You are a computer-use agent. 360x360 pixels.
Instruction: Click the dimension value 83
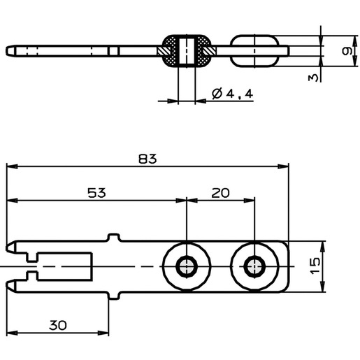coord(147,159)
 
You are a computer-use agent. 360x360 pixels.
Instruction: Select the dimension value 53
coord(96,193)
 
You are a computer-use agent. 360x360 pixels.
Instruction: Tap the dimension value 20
coord(220,193)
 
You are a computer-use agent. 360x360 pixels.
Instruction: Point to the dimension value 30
coord(58,325)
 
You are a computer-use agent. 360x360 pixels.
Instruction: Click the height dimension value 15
coord(315,266)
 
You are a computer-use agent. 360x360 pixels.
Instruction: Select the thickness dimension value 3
coord(313,78)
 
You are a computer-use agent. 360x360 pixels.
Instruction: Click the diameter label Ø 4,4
coord(232,94)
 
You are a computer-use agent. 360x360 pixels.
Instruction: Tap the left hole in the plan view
coord(187,266)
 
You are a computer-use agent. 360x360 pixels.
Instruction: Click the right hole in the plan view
coord(254,266)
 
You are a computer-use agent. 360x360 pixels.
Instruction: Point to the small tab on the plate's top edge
coord(115,237)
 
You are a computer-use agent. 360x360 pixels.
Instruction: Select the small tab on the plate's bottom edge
coord(115,296)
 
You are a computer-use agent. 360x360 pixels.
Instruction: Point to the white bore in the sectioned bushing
coord(187,51)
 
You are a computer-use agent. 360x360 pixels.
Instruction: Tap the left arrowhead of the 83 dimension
coord(12,166)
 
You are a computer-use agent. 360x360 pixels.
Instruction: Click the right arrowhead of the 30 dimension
coord(103,333)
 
